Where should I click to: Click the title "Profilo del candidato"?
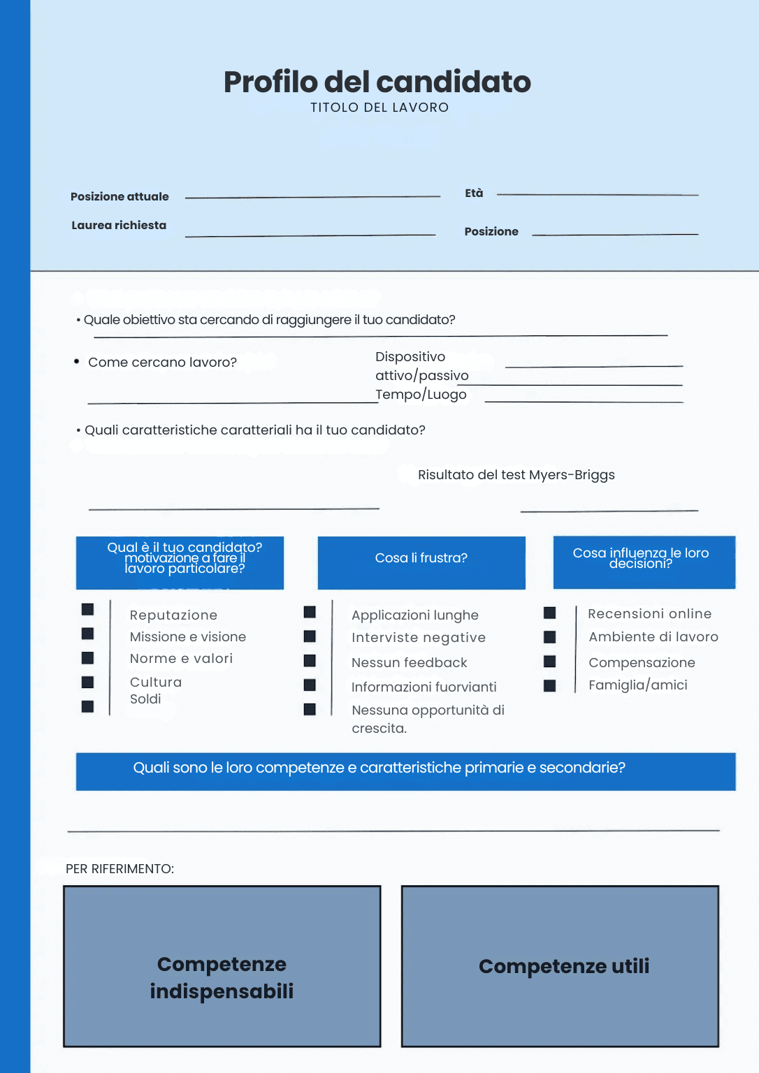pos(377,82)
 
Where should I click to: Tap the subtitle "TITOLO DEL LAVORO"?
pos(379,108)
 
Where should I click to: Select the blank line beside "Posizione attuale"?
pos(312,197)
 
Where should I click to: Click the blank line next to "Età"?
pos(598,194)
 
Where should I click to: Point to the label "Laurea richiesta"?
pos(119,225)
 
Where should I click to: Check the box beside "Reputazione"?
pos(87,610)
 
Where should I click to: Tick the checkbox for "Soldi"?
pos(87,706)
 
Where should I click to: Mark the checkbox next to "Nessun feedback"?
pos(310,661)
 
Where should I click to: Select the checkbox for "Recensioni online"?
pos(550,613)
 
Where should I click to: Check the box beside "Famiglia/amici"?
pos(550,686)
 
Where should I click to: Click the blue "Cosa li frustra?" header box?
pos(421,562)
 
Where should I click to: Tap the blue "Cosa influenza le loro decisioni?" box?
pos(644,562)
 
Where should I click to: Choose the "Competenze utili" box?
pos(560,966)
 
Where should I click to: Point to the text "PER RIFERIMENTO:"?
pos(120,869)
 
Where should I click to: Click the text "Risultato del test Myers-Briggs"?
pos(516,475)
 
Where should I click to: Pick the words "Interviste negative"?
pos(419,638)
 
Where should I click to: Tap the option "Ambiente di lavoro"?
pos(653,637)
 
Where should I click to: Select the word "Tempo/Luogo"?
pos(421,395)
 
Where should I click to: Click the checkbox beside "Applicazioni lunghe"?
pos(310,613)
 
